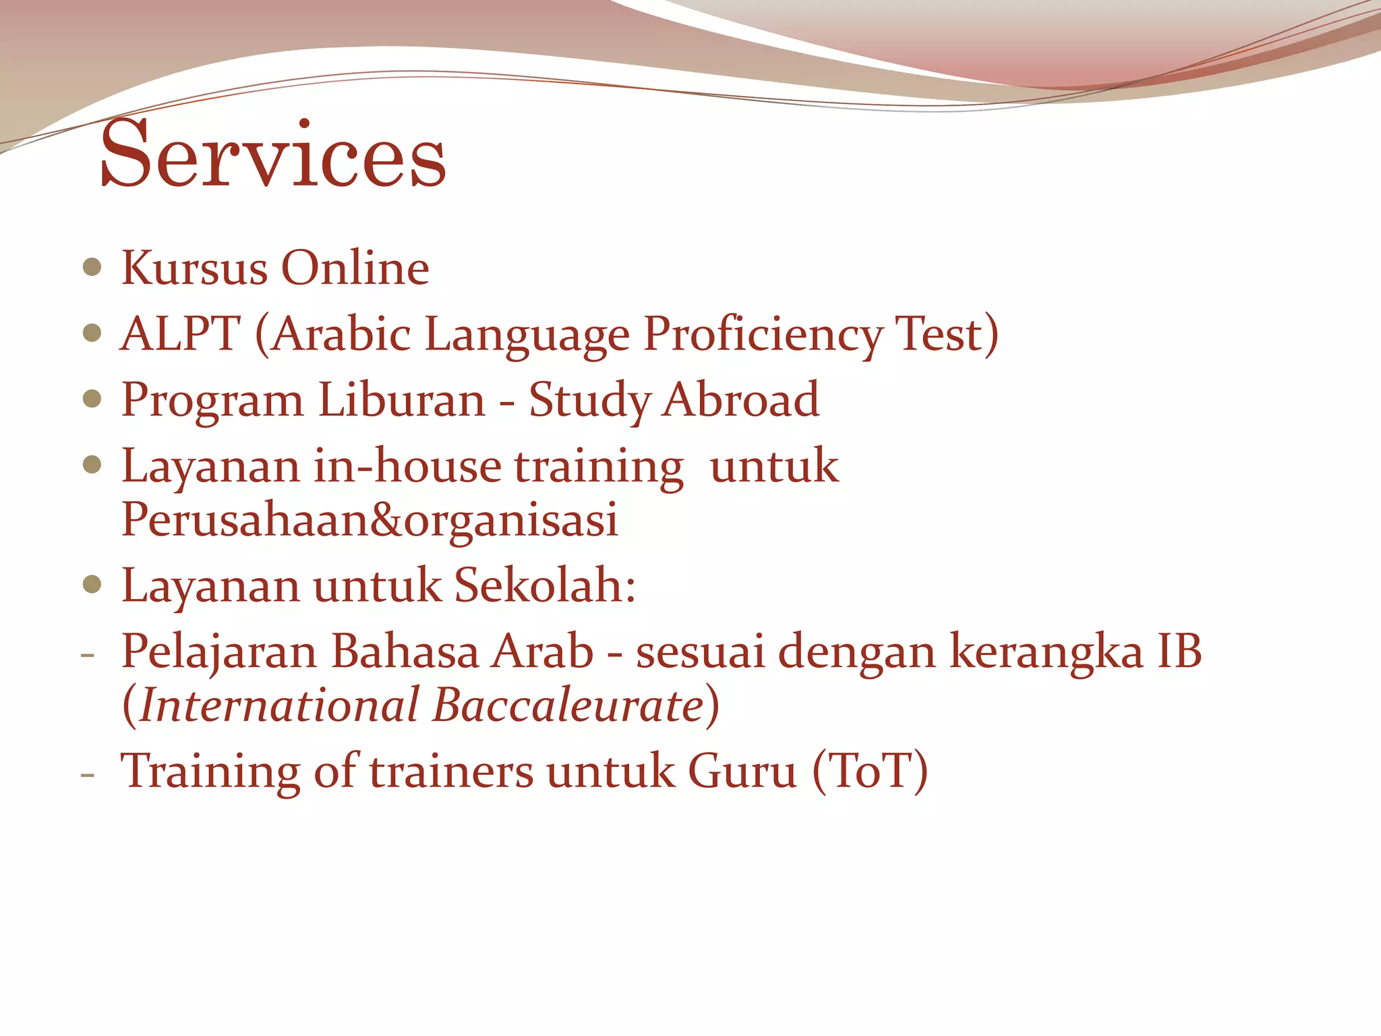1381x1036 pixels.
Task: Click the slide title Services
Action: click(x=273, y=155)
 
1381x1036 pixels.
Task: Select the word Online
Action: click(x=355, y=268)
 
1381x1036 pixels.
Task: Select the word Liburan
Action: click(x=401, y=399)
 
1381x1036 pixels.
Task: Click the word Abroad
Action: click(x=741, y=399)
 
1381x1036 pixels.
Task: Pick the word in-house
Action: click(x=407, y=466)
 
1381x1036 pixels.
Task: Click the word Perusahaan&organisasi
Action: click(x=370, y=520)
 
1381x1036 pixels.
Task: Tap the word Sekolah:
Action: click(x=545, y=585)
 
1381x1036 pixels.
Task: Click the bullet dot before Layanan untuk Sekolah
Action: click(x=92, y=584)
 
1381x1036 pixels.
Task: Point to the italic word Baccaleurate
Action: click(x=568, y=706)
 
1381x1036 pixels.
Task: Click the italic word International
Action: click(x=280, y=706)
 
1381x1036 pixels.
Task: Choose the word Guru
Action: click(x=742, y=771)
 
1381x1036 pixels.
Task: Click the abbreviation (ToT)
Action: click(x=870, y=771)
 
